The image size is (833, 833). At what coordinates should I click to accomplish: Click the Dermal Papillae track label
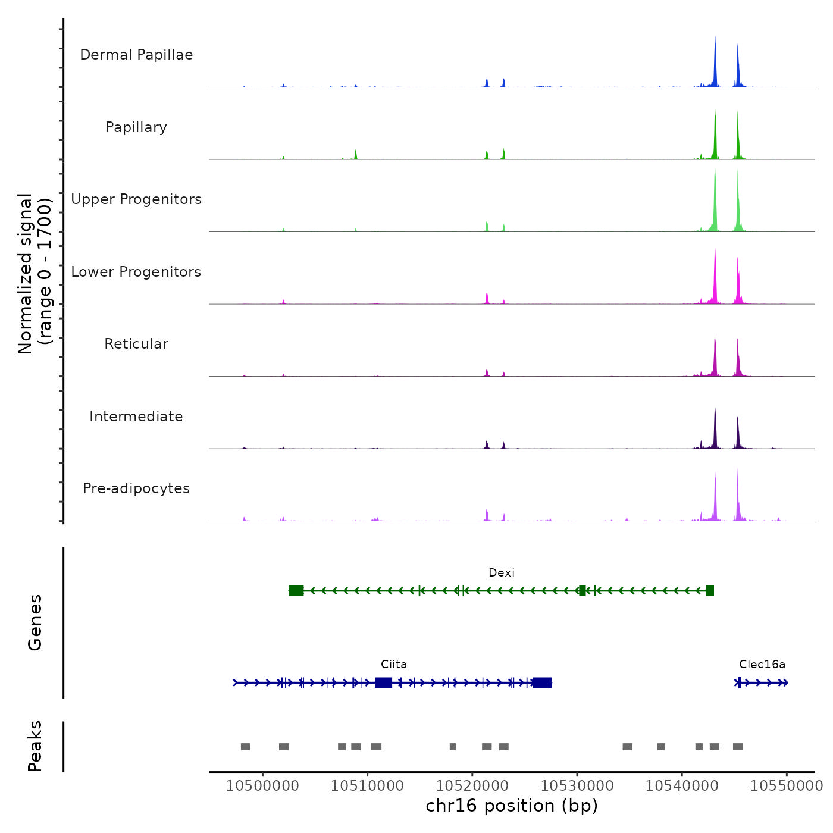point(136,55)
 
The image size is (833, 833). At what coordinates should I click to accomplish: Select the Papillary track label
point(136,127)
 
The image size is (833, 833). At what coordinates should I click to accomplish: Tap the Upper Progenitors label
point(136,199)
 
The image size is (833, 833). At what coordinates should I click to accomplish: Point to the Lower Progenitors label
point(136,272)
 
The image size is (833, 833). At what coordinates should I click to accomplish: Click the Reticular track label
point(136,344)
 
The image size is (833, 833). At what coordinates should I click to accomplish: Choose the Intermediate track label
point(136,416)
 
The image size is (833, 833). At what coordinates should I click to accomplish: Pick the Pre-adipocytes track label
point(136,488)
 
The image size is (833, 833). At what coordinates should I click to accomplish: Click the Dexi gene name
point(501,573)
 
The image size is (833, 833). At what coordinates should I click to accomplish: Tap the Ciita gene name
point(394,665)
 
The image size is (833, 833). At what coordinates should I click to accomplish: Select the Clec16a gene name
point(762,665)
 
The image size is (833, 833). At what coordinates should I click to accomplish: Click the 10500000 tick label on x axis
point(262,786)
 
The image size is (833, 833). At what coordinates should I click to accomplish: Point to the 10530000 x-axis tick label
point(577,786)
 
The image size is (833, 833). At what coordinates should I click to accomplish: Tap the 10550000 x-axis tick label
point(786,786)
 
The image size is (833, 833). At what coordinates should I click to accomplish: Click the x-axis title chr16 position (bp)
point(512,806)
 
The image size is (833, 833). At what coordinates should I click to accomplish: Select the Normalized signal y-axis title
point(35,274)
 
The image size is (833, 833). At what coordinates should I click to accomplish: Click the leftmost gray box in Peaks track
point(245,747)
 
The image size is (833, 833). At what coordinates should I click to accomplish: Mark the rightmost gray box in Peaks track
point(738,747)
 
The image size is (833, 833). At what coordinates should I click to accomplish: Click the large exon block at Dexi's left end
point(296,591)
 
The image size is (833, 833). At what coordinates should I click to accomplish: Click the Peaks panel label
point(35,746)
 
